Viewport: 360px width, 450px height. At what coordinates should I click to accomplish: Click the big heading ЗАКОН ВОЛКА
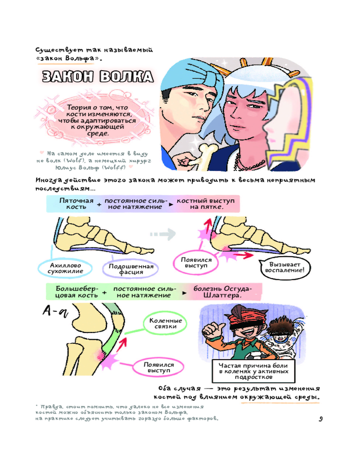coord(98,76)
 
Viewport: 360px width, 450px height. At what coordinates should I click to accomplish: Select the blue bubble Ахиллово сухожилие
coord(65,268)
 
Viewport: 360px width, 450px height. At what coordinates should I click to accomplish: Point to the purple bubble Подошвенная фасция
coord(130,269)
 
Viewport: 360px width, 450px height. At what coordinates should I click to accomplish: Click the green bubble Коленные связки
coord(165,324)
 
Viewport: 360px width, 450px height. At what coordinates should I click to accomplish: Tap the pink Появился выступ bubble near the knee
coord(158,367)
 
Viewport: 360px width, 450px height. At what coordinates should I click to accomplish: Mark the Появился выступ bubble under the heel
coord(196,263)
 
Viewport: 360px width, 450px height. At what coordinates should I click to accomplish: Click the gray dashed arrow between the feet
coord(163,234)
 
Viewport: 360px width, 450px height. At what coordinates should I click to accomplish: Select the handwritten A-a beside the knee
coord(55,311)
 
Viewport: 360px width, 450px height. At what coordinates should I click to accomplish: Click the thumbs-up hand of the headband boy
coord(212,328)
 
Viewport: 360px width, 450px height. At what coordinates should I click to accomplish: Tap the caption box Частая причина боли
coord(253,371)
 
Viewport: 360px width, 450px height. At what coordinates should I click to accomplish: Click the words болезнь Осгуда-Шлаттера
coord(222,292)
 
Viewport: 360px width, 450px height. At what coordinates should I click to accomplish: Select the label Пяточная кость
coord(76,203)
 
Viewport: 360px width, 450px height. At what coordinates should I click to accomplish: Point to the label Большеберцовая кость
coord(76,292)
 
